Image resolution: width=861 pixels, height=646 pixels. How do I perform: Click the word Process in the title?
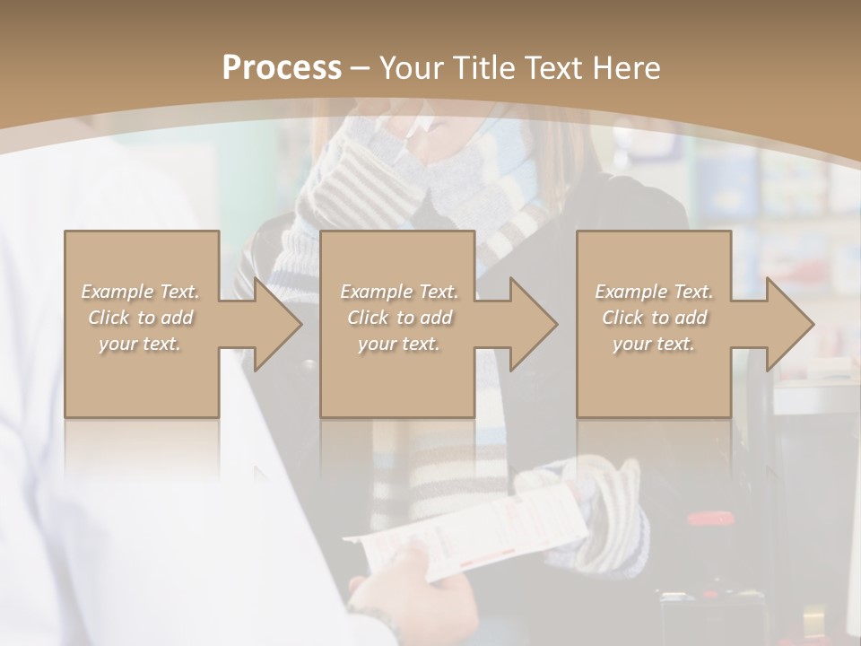tap(282, 68)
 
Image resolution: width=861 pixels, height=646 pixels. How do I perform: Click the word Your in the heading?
tap(412, 68)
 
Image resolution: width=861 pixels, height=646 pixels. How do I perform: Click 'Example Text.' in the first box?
tap(140, 292)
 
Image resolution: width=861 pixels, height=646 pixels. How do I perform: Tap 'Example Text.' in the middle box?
tap(399, 292)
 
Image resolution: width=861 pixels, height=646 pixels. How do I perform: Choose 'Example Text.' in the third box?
tap(654, 292)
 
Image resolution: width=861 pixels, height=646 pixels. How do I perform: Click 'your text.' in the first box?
tap(140, 344)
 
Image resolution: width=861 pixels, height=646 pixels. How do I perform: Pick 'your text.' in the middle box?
tap(399, 344)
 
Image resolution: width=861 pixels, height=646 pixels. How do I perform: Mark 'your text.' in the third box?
tap(654, 344)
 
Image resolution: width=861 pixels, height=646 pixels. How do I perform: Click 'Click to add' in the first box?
tap(140, 318)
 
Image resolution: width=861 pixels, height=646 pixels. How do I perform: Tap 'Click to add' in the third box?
tap(654, 318)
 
